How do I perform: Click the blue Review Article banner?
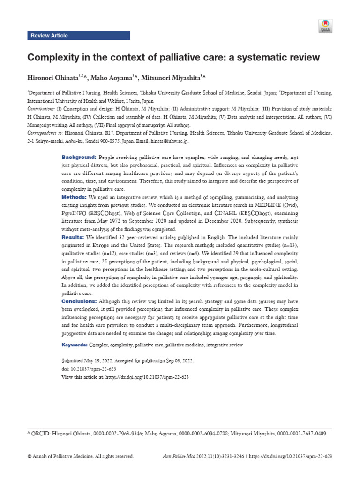pos(78,36)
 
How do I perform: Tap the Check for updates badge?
pos(325,26)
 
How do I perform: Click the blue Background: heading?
pos(79,157)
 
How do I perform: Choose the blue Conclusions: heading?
pos(79,301)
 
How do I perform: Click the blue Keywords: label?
pos(75,345)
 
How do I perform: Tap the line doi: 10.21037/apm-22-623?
pos(89,369)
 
